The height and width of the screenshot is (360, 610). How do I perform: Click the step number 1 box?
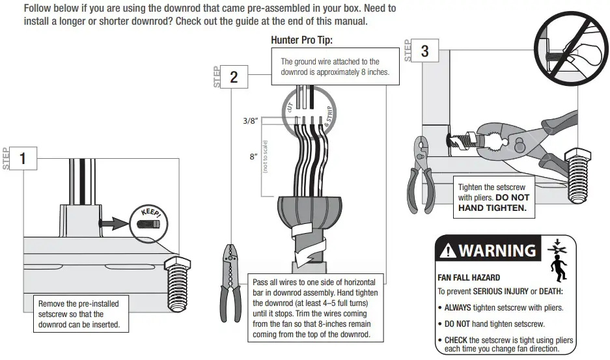23,158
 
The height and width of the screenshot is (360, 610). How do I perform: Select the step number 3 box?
425,51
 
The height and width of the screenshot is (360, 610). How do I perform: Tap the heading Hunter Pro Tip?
301,40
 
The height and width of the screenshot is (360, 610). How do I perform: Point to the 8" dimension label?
253,157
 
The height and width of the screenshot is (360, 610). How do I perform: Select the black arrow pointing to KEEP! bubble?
115,224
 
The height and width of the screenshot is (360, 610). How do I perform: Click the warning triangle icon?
449,251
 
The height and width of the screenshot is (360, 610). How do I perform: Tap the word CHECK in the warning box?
456,340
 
